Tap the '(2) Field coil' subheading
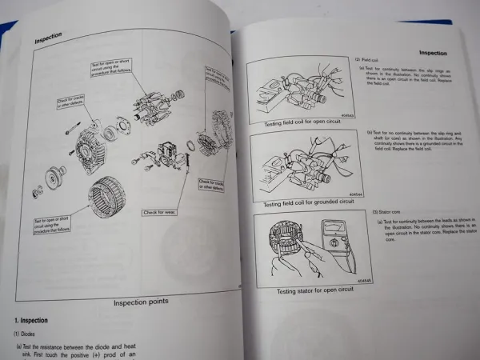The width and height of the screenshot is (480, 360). pyautogui.click(x=367, y=60)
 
